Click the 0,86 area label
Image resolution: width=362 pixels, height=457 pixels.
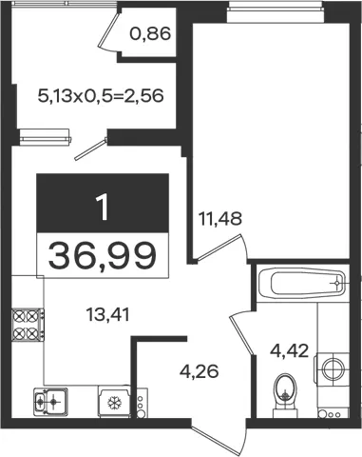tap(150, 33)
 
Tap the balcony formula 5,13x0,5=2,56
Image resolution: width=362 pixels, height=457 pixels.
tap(101, 95)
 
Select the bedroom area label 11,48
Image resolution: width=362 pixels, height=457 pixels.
tap(220, 219)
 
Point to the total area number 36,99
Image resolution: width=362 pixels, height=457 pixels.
tap(103, 255)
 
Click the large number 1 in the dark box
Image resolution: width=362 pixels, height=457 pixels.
tap(104, 207)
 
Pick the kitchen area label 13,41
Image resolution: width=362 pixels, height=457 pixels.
tap(108, 315)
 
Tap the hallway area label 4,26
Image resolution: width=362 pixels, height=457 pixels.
tap(200, 371)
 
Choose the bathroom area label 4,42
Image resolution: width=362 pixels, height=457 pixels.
tap(289, 351)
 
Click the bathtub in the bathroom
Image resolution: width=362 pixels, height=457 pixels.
tap(303, 283)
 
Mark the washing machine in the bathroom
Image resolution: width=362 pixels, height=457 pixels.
tap(332, 368)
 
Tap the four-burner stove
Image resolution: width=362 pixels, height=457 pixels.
tap(28, 325)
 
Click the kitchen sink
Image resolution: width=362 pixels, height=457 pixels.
tap(50, 402)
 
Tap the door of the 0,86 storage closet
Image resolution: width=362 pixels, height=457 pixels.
tap(109, 30)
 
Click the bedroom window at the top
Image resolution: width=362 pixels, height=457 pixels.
tap(276, 11)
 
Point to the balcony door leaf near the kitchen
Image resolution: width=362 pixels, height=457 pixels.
tap(91, 149)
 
